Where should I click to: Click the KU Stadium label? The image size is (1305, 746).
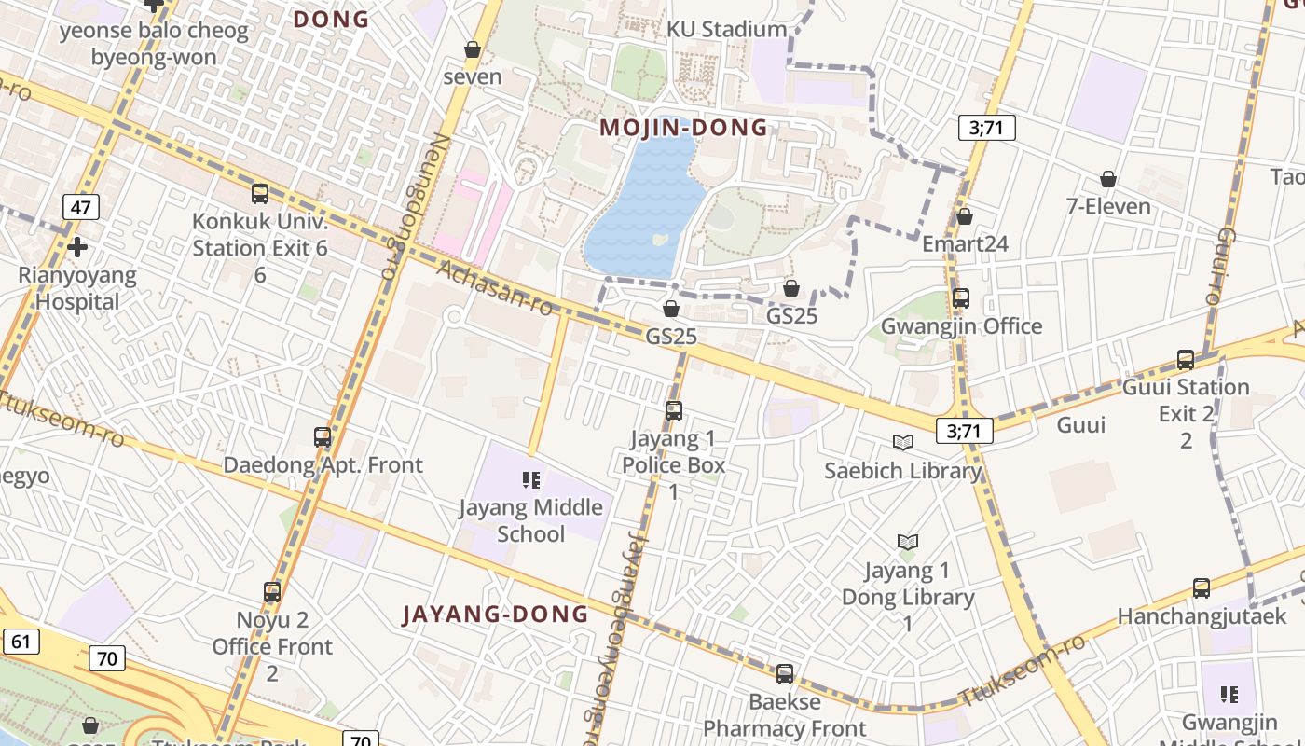coord(726,30)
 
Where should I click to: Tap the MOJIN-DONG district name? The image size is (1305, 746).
coord(683,128)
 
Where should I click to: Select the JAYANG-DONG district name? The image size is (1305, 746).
coord(495,614)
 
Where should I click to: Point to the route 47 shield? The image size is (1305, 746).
coord(81,207)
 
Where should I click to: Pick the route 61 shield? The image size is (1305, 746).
coord(21,642)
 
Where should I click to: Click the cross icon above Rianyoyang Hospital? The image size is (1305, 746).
coord(77,247)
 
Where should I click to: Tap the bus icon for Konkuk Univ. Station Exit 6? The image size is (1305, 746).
coord(260,194)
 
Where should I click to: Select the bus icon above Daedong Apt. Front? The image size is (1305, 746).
coord(323,437)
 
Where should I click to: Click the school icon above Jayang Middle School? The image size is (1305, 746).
coord(531,480)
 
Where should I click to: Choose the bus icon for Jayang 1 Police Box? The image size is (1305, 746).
coord(673,410)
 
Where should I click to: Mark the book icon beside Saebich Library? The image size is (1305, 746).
coord(903,443)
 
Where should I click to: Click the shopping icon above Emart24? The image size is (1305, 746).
coord(965,216)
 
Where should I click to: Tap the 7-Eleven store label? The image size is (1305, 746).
coord(1108,206)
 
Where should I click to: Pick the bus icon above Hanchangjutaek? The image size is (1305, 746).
coord(1202,588)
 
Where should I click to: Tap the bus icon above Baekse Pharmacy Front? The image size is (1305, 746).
coord(785,674)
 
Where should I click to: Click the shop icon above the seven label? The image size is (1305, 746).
coord(473,49)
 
